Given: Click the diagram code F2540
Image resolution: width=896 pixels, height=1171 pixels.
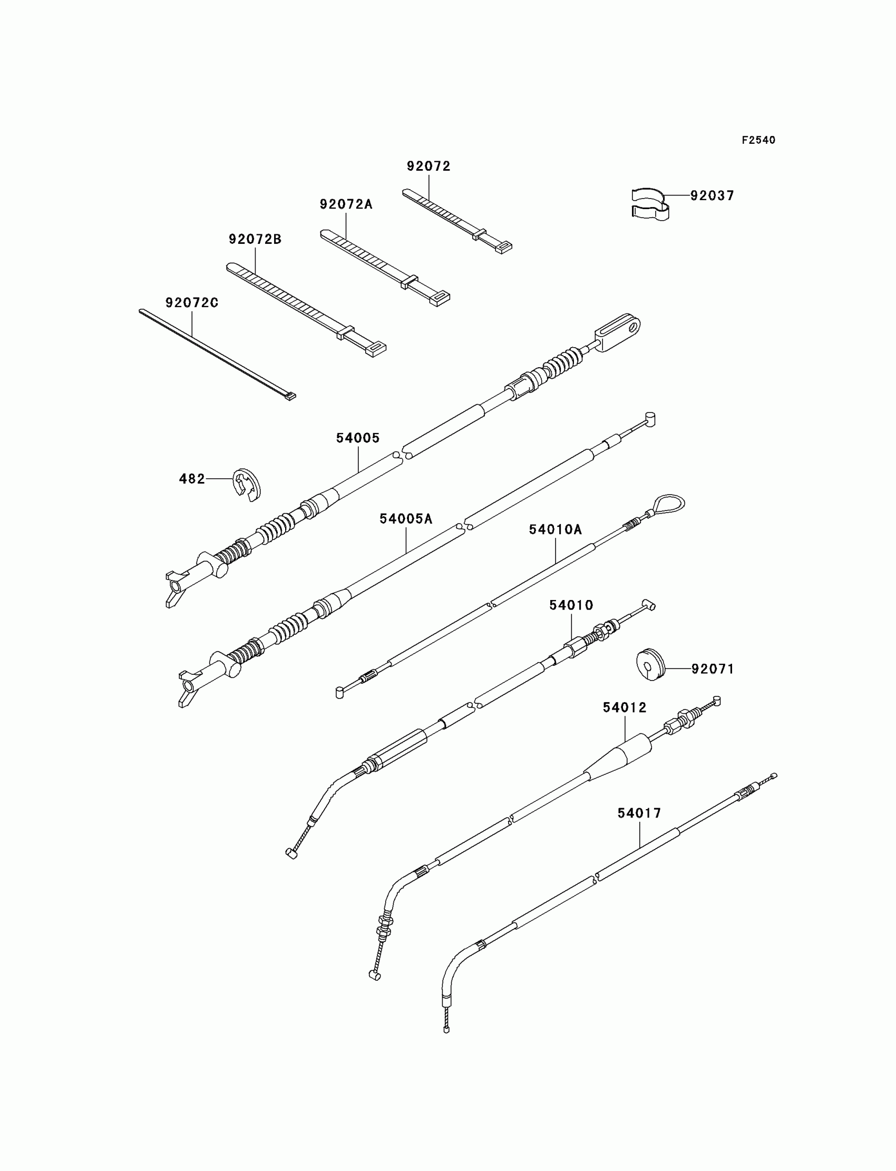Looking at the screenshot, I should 758,140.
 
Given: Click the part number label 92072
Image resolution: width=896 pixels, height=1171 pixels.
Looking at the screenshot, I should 428,166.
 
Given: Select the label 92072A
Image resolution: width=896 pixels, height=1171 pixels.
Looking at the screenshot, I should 346,204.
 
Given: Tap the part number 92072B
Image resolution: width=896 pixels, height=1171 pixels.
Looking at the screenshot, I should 255,239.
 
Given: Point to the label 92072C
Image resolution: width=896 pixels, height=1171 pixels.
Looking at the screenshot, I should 192,303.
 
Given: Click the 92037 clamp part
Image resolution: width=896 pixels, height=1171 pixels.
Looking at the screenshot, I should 649,204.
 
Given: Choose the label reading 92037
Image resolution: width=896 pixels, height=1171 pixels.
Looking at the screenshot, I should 712,195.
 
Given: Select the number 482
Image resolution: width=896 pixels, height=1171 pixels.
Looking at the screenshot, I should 192,479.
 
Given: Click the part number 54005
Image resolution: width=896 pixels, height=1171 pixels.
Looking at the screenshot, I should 358,438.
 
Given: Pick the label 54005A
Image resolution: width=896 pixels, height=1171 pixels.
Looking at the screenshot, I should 406,519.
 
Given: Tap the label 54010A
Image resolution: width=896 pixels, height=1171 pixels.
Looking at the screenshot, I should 555,529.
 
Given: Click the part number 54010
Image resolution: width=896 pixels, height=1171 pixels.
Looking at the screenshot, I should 571,605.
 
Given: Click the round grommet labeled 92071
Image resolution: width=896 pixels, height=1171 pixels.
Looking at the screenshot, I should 651,664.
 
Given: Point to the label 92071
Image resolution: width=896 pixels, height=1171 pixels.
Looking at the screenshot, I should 713,669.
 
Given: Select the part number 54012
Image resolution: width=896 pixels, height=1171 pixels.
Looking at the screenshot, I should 625,707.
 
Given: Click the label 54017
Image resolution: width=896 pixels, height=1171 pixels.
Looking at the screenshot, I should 639,813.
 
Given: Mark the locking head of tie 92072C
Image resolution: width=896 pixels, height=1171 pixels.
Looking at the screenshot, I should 290,396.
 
